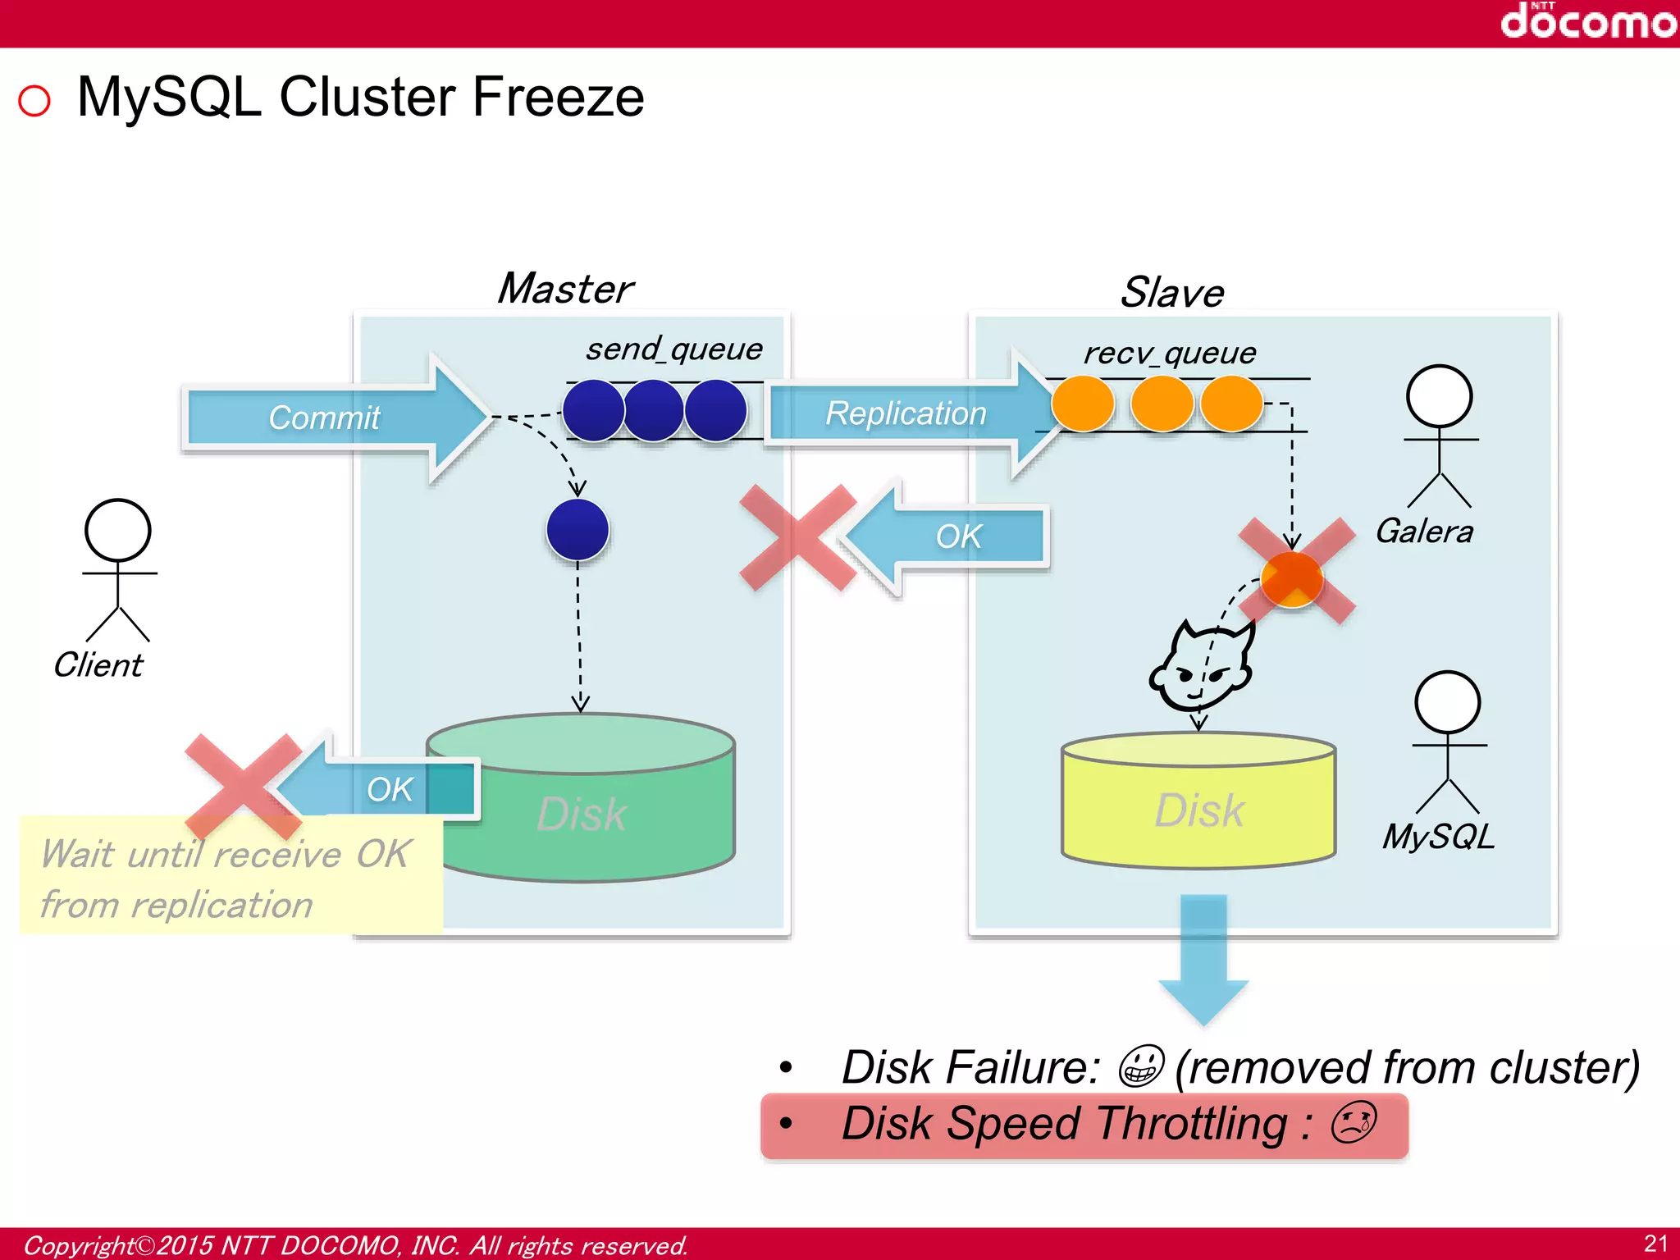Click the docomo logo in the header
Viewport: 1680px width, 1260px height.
coord(1587,21)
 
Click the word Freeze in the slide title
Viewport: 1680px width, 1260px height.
coord(558,98)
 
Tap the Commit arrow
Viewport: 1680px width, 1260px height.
coord(328,418)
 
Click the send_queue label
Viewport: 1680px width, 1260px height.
coord(673,349)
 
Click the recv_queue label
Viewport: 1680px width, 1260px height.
coord(1169,354)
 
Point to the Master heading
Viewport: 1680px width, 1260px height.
coord(565,289)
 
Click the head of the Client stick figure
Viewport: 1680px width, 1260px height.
coord(118,530)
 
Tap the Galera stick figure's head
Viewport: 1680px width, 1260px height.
coord(1439,396)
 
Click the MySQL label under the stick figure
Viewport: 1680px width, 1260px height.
coord(1438,837)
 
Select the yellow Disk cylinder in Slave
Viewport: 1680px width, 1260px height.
coord(1198,808)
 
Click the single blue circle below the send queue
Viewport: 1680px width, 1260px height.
coord(577,530)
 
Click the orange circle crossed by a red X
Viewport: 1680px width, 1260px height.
coord(1292,578)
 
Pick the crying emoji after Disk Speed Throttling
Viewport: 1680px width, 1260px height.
coord(1354,1123)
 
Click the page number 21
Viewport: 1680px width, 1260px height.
coord(1655,1243)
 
